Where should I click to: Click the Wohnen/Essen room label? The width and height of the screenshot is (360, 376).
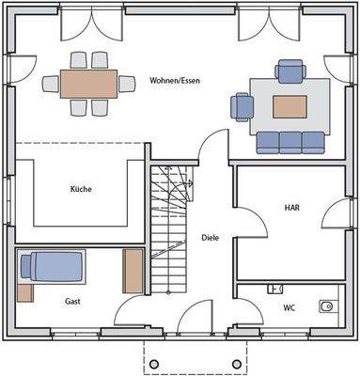coord(174,81)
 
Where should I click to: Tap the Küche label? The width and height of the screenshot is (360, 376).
coord(81,189)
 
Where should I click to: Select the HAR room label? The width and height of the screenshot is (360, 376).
coord(291,207)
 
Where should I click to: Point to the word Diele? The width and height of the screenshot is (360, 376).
coord(211,238)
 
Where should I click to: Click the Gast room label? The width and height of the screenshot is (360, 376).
coord(72,302)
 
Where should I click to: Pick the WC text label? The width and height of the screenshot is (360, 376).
coord(289,307)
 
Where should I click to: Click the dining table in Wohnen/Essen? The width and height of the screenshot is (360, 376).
coord(88,84)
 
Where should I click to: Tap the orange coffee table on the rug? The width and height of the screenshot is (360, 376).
coord(290,105)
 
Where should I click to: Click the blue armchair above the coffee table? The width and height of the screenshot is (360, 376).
coord(290,71)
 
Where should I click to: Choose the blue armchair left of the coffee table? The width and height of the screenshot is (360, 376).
coord(243,106)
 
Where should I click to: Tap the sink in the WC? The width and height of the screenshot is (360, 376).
coord(326,306)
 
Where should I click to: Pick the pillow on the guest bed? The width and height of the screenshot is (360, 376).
coord(29,266)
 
